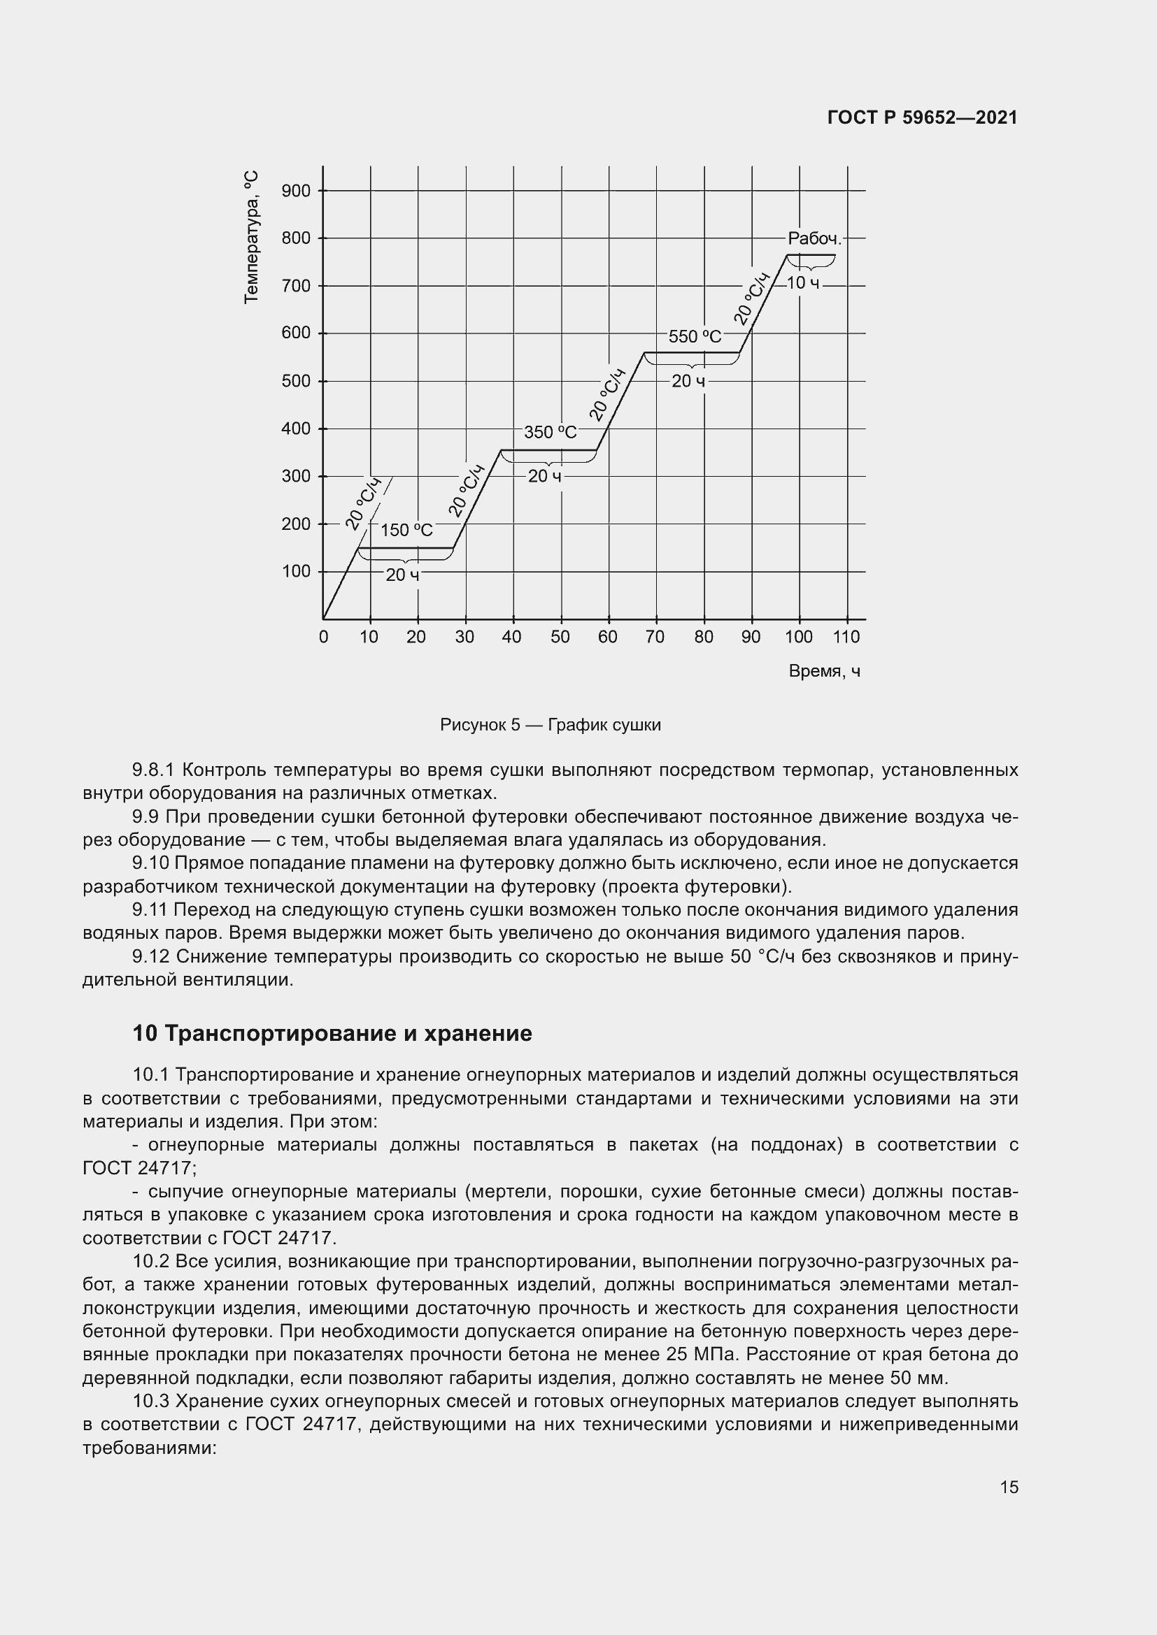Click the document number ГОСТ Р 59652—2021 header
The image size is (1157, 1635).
click(922, 117)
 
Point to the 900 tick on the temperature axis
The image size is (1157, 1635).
click(296, 191)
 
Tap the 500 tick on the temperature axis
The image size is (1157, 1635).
click(296, 381)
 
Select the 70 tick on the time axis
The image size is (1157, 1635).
click(655, 637)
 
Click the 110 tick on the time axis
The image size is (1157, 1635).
click(846, 637)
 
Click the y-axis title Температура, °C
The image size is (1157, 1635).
click(251, 237)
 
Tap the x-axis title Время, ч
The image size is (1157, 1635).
click(824, 672)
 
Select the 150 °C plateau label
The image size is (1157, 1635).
click(406, 530)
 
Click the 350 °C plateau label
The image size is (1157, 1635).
click(550, 432)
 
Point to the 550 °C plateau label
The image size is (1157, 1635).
click(695, 337)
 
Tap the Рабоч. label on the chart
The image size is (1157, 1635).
click(814, 239)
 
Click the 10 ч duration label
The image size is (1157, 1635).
click(803, 283)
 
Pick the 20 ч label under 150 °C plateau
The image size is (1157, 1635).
click(402, 575)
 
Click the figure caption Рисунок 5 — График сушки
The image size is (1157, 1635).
click(550, 725)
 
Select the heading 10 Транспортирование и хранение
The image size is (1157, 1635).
click(332, 1033)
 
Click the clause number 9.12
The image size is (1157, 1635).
click(150, 956)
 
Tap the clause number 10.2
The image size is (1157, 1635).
click(150, 1261)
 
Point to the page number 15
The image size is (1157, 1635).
click(1009, 1487)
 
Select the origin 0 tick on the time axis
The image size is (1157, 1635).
click(323, 637)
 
